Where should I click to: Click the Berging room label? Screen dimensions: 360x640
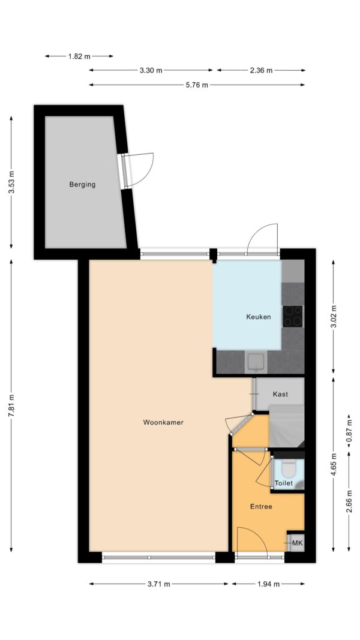pos(82,185)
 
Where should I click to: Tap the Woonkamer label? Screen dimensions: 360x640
pos(163,422)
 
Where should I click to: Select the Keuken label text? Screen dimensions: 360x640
pos(259,317)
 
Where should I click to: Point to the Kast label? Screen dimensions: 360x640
pos(280,394)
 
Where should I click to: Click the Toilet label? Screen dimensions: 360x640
pos(284,483)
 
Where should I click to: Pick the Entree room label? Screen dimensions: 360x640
pos(261,507)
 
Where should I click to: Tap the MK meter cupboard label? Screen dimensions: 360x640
pos(297,543)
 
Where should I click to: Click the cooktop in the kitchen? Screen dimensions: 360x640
pos(293,316)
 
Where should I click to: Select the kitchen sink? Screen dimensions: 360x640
pos(256,362)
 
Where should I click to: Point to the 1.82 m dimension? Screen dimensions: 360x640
pos(79,56)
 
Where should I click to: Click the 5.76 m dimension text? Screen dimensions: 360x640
pos(197,85)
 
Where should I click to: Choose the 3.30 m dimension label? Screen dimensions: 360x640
pos(151,70)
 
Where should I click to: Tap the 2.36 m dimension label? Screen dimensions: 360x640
pos(261,70)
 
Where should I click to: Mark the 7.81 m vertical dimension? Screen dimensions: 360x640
pos(11,405)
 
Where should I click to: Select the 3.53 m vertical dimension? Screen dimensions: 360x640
pos(11,182)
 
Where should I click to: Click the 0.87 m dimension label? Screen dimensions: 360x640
pos(349,431)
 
